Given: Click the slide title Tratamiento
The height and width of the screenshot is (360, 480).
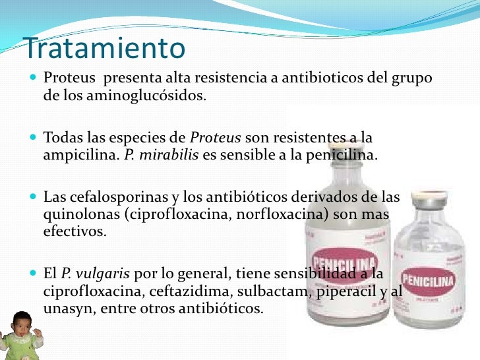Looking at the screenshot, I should [104, 48].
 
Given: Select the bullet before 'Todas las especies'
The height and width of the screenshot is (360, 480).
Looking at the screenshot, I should [34, 139].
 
